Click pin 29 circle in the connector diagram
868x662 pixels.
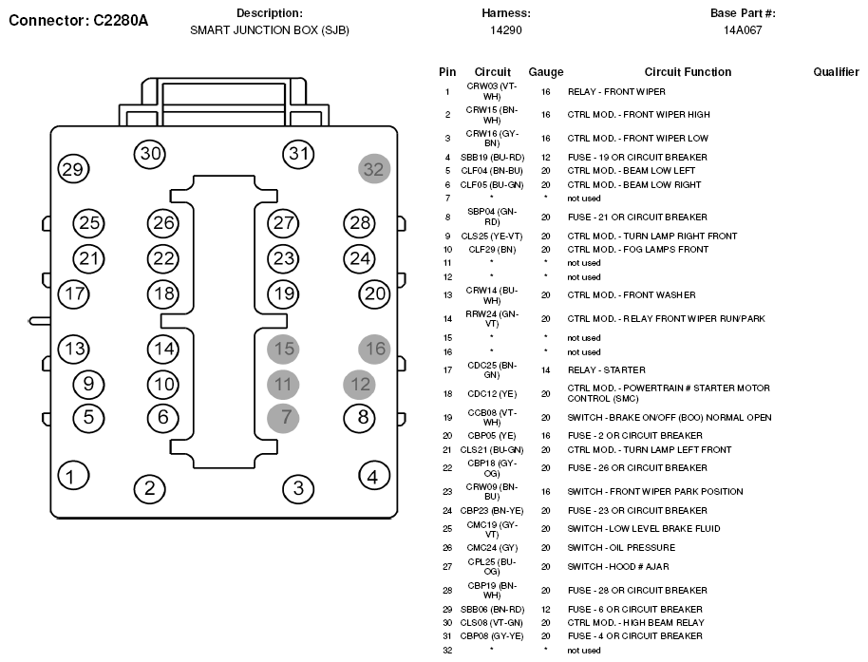74,169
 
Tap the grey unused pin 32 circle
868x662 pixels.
374,169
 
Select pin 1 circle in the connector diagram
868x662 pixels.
73,476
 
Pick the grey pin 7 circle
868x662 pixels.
283,418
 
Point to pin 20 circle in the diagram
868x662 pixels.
374,293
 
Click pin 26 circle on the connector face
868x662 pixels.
163,223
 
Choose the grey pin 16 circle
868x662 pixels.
374,350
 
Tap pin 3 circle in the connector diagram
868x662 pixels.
298,488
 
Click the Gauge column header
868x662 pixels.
546,72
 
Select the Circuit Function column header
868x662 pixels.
688,72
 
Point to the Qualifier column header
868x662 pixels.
836,72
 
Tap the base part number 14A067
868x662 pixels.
743,30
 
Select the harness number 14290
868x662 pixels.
506,30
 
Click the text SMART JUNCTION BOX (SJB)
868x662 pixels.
270,30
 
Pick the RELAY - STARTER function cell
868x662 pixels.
606,369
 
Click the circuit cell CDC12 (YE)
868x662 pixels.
492,394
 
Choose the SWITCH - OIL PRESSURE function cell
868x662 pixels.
621,547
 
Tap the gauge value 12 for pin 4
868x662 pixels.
546,158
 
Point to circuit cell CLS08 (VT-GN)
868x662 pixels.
492,623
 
